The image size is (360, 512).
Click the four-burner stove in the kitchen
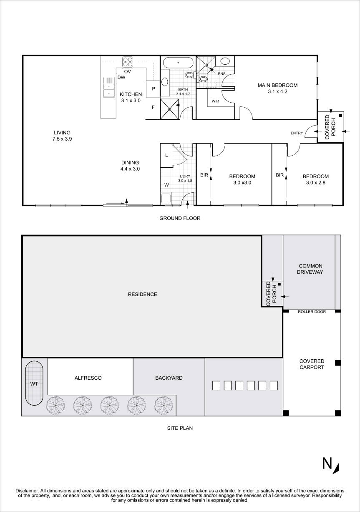(128, 62)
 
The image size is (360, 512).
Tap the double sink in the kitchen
(109, 87)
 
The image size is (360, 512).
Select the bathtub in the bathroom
(178, 63)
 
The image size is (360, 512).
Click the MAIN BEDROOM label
(277, 88)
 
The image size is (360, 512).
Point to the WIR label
(215, 101)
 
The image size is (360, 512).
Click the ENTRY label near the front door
(297, 133)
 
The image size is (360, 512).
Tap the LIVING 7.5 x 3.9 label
(60, 136)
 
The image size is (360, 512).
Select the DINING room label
(130, 166)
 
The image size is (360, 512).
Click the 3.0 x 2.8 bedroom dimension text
(315, 183)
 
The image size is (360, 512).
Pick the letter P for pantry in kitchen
(153, 88)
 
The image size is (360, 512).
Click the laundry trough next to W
(166, 198)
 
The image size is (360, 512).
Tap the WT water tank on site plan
(33, 383)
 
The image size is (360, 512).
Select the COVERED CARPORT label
(312, 364)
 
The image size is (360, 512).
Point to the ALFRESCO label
(88, 378)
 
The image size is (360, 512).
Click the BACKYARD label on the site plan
(169, 378)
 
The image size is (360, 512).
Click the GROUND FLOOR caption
(180, 218)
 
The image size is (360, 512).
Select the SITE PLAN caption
(180, 428)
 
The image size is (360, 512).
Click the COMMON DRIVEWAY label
(311, 269)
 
